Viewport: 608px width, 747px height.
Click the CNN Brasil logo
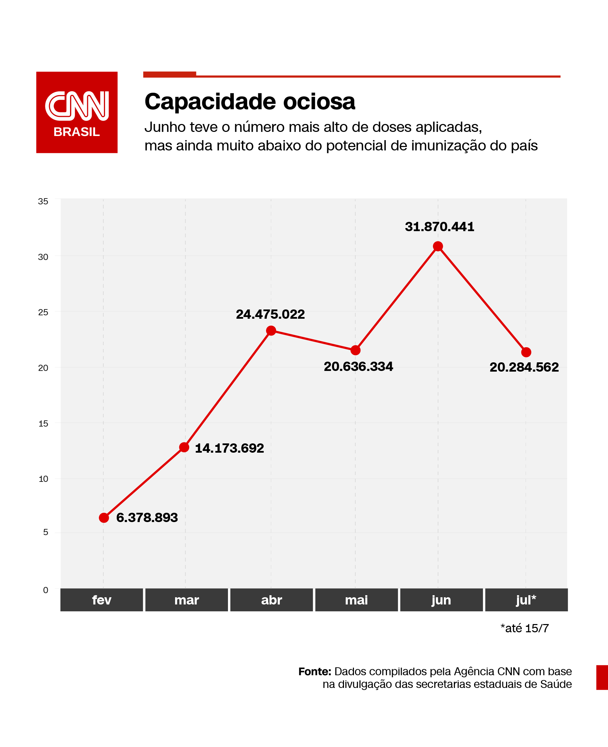click(77, 112)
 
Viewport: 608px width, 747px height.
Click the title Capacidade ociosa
click(250, 102)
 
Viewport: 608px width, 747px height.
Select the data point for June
click(438, 246)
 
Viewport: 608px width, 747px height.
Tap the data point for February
click(104, 518)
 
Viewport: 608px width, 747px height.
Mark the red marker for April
click(271, 330)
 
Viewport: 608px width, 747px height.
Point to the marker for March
click(184, 447)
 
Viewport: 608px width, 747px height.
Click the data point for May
click(355, 350)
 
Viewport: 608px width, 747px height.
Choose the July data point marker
click(526, 352)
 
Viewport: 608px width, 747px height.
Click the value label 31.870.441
click(439, 227)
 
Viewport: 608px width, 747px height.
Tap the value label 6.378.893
click(147, 518)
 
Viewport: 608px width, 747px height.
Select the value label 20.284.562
click(524, 367)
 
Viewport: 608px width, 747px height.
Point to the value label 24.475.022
click(270, 314)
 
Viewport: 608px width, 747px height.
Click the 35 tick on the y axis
click(43, 201)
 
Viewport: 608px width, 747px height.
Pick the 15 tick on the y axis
click(43, 423)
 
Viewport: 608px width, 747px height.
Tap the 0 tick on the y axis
click(46, 590)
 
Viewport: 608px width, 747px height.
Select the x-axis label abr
click(272, 600)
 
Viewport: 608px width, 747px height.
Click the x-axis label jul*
click(526, 600)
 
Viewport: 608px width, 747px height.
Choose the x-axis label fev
click(102, 600)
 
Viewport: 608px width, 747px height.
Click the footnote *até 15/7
click(524, 628)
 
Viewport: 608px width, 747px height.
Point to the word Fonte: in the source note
click(314, 671)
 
